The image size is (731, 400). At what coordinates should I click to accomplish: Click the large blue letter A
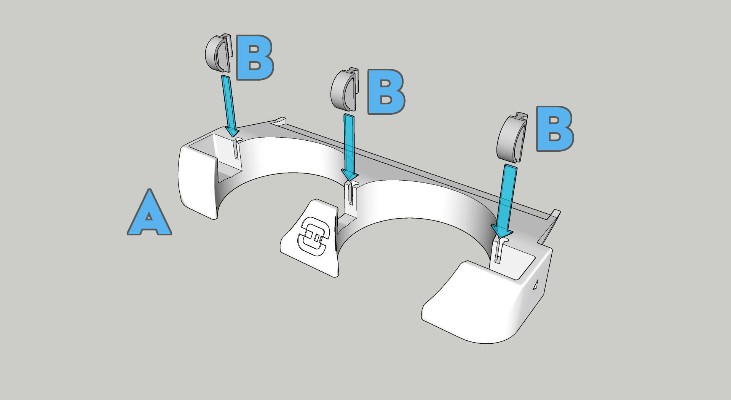[149, 212]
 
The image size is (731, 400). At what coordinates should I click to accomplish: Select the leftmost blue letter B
[255, 58]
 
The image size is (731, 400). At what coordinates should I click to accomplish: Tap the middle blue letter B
[386, 92]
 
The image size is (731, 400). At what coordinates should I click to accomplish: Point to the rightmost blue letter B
[555, 129]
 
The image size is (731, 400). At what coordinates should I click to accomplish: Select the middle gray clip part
[345, 90]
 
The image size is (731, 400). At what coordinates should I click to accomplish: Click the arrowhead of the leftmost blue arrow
[232, 132]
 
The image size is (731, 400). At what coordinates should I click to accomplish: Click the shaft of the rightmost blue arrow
[509, 196]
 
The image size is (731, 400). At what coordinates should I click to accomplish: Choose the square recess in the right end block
[512, 262]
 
